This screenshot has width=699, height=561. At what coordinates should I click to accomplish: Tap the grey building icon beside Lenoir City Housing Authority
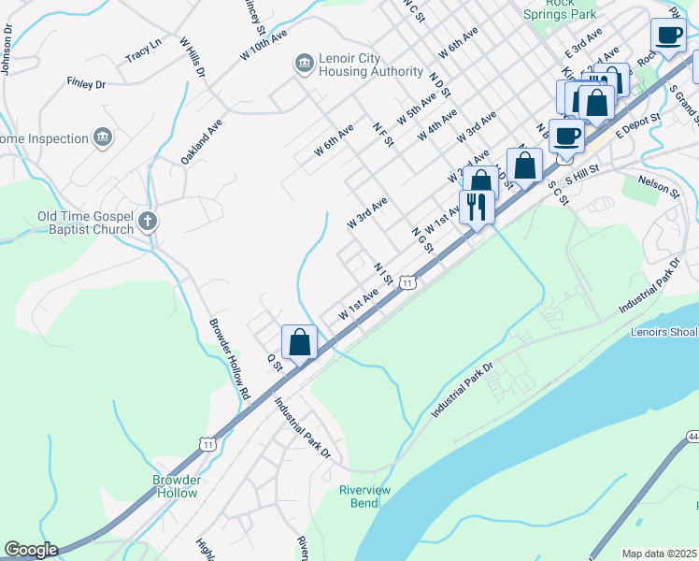[x=304, y=64]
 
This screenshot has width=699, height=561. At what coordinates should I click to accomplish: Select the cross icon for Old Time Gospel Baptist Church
[x=147, y=222]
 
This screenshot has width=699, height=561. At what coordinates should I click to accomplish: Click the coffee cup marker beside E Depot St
[x=567, y=137]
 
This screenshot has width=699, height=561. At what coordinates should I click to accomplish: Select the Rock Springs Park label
[x=572, y=9]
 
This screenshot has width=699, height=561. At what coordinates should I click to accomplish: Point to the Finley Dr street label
[x=86, y=84]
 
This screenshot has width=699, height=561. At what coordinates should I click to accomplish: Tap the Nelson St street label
[x=659, y=186]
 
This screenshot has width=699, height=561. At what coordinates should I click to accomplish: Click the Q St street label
[x=274, y=361]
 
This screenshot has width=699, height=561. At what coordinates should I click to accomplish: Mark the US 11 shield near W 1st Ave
[x=407, y=281]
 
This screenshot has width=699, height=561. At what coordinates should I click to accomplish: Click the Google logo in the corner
[x=30, y=550]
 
